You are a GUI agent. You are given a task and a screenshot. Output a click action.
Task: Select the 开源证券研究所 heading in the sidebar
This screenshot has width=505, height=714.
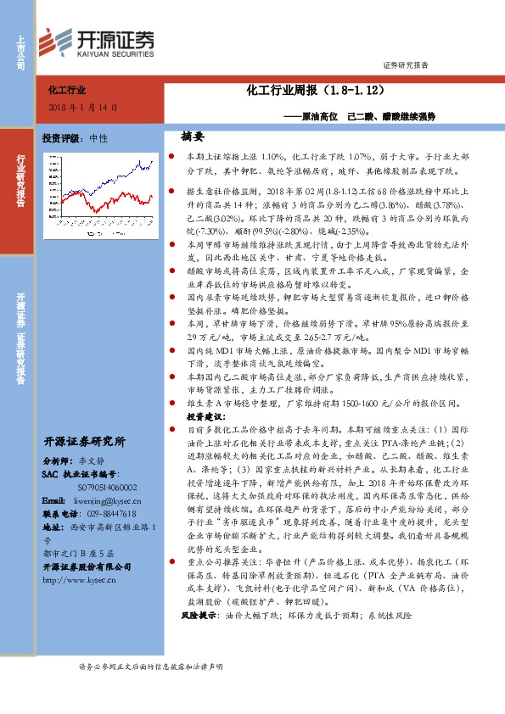tap(84, 441)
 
